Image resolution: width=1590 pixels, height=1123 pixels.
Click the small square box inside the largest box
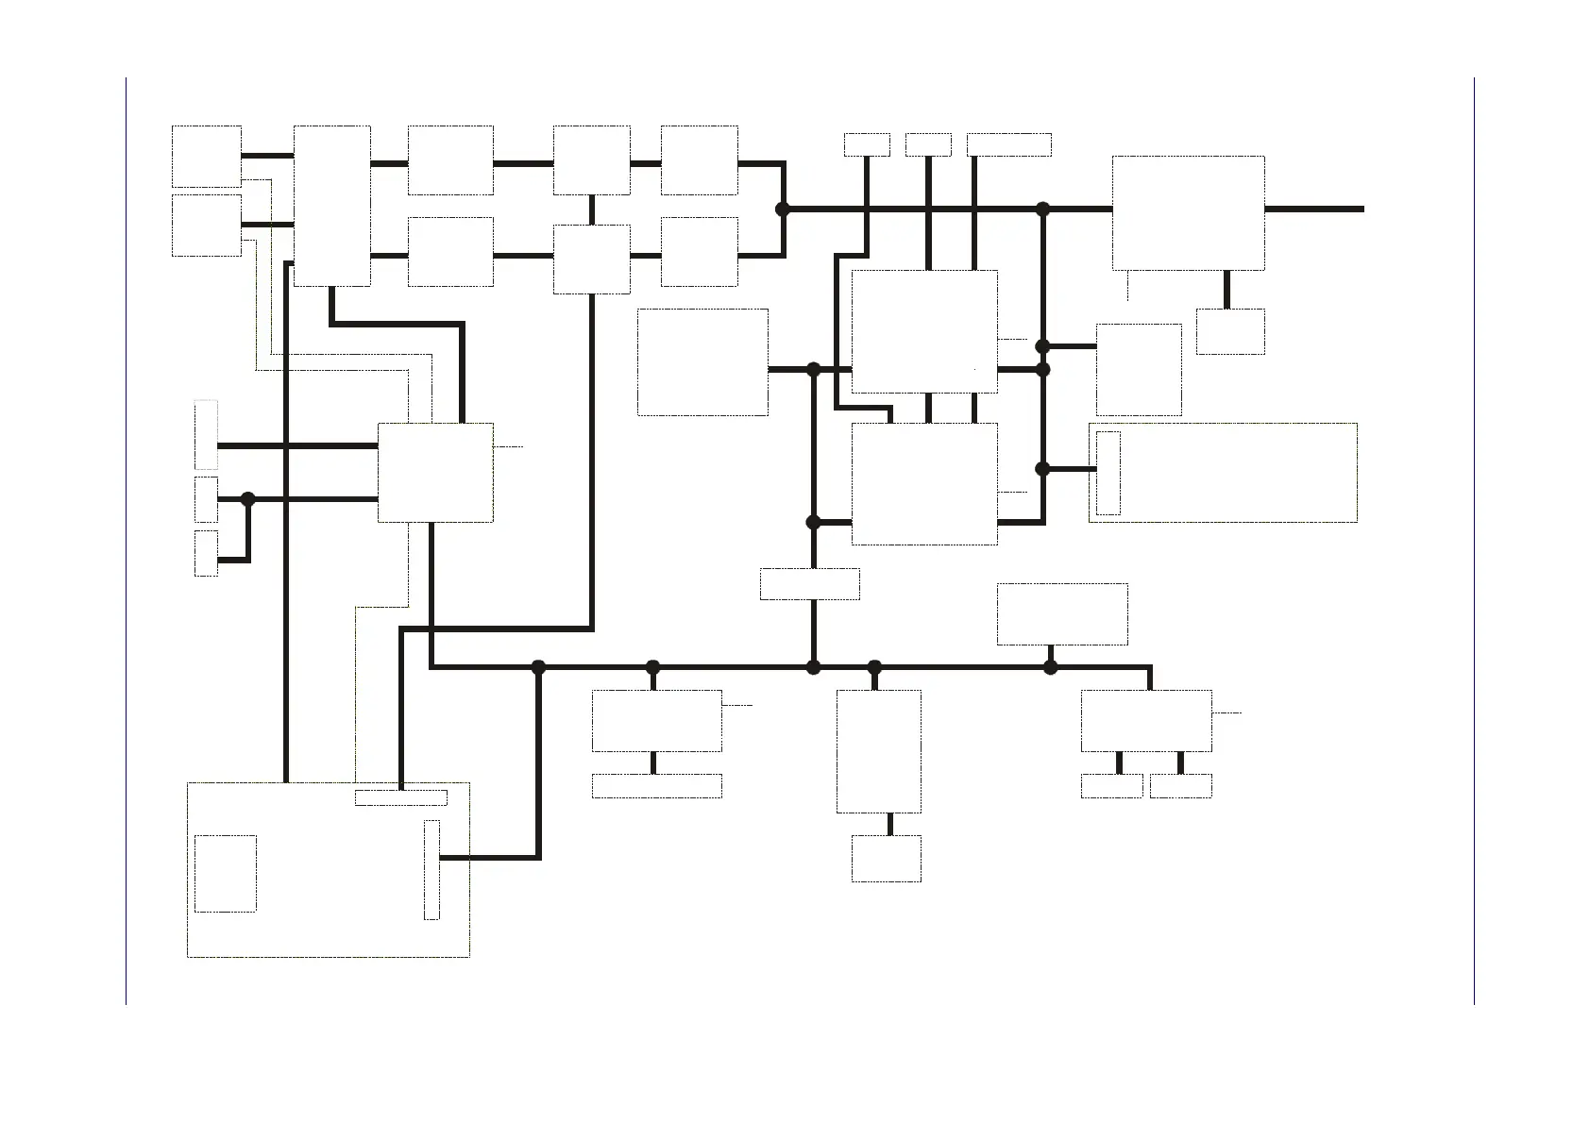pyautogui.click(x=225, y=873)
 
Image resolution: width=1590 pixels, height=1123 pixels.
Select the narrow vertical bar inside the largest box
pyautogui.click(x=431, y=869)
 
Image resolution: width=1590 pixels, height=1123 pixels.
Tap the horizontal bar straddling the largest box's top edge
pyautogui.click(x=400, y=797)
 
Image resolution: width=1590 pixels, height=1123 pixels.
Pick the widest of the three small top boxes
pyautogui.click(x=1008, y=144)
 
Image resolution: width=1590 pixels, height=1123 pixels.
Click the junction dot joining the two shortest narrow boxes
pyautogui.click(x=248, y=499)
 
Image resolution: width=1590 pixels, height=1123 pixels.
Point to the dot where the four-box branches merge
pyautogui.click(x=782, y=210)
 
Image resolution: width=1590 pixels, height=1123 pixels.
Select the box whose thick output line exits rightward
pyautogui.click(x=1188, y=213)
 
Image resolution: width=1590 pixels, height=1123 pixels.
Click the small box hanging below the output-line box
pyautogui.click(x=1229, y=331)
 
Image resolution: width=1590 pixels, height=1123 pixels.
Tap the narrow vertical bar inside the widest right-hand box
pyautogui.click(x=1108, y=473)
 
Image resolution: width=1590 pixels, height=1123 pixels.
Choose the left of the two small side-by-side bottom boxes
pyautogui.click(x=1111, y=786)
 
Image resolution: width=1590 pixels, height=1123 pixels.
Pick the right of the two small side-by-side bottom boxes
pyautogui.click(x=1180, y=786)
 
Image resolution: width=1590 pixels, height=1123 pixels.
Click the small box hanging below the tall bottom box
pyautogui.click(x=886, y=858)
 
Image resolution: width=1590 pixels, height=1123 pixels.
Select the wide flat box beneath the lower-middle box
pyautogui.click(x=656, y=786)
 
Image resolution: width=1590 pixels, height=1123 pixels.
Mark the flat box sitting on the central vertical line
pyautogui.click(x=809, y=584)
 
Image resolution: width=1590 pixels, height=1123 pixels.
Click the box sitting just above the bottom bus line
pyautogui.click(x=1061, y=614)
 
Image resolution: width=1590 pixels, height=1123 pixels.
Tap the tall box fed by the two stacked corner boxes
pyautogui.click(x=331, y=206)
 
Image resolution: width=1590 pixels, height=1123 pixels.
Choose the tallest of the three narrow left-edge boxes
pyautogui.click(x=206, y=435)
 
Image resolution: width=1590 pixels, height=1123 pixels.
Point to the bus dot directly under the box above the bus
pyautogui.click(x=1050, y=668)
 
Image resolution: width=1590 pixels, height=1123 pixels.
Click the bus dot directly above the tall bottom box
pyautogui.click(x=874, y=668)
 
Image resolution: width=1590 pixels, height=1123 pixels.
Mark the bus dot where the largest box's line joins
pyautogui.click(x=538, y=668)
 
